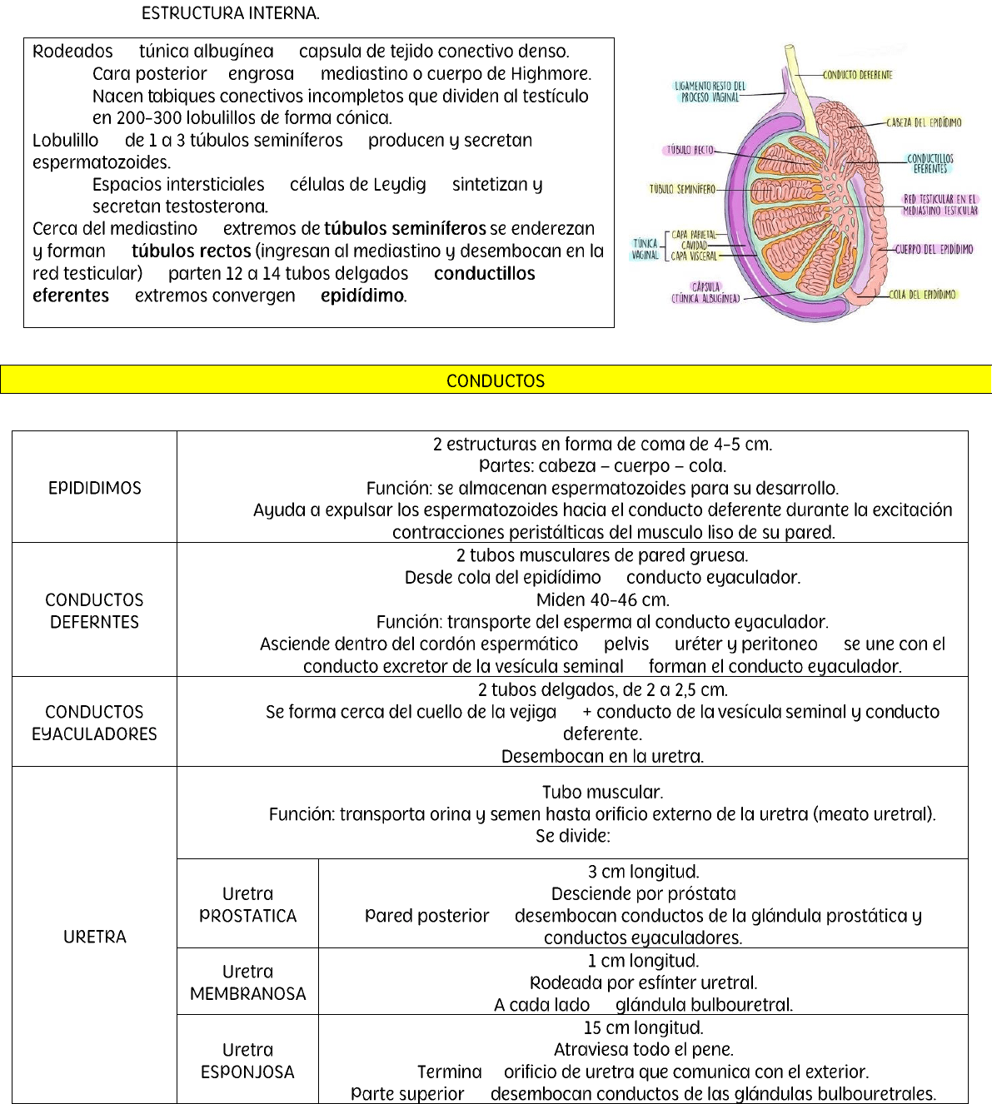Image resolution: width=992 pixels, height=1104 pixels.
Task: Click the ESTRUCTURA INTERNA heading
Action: pyautogui.click(x=231, y=13)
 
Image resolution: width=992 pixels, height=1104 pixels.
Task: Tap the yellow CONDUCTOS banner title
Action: pyautogui.click(x=496, y=380)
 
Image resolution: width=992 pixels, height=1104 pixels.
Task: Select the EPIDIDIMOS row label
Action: pyautogui.click(x=95, y=488)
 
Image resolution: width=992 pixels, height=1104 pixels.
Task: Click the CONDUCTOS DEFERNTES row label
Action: pyautogui.click(x=95, y=610)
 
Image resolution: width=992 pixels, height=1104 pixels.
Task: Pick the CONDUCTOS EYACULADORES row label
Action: pyautogui.click(x=95, y=723)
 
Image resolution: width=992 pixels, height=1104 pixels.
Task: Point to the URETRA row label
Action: pyautogui.click(x=95, y=937)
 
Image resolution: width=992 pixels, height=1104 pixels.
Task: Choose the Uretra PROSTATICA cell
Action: pyautogui.click(x=248, y=904)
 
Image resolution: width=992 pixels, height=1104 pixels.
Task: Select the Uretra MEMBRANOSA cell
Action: pyautogui.click(x=248, y=982)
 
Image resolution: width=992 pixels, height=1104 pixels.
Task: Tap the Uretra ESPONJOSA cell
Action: pyautogui.click(x=248, y=1061)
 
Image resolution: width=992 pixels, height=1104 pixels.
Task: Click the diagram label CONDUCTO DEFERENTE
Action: pyautogui.click(x=857, y=75)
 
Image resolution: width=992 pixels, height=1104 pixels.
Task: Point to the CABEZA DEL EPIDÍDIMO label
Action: pyautogui.click(x=923, y=122)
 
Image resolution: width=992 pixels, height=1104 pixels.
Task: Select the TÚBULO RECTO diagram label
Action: pyautogui.click(x=689, y=151)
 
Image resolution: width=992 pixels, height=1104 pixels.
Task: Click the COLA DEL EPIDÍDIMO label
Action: pyautogui.click(x=922, y=295)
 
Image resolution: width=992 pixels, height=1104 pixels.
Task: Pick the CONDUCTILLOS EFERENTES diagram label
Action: pyautogui.click(x=930, y=163)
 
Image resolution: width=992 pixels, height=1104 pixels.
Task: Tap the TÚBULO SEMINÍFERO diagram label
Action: pyautogui.click(x=682, y=189)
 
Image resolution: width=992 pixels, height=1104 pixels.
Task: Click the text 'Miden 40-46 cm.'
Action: pyautogui.click(x=603, y=599)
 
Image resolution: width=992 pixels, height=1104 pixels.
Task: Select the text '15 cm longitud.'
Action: pyautogui.click(x=643, y=1027)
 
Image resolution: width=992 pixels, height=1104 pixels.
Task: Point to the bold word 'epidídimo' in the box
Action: pyautogui.click(x=363, y=296)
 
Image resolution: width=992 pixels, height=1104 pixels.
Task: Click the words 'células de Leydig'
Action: pyautogui.click(x=358, y=184)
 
